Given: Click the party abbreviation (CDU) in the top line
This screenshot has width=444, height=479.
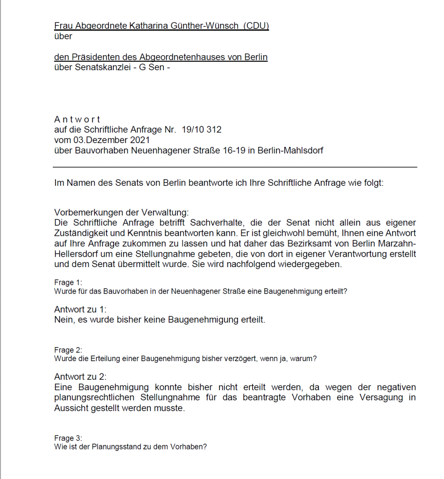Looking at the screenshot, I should coord(256,26).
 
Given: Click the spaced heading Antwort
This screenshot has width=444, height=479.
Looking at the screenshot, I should coord(77,120).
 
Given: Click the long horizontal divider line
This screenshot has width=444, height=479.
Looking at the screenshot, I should coord(235,167).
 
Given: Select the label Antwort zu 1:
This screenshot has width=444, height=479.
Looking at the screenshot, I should coord(80,310).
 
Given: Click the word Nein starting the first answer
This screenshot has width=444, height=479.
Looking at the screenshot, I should coord(64,320).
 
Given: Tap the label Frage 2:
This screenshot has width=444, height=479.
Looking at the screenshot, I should coord(68,350).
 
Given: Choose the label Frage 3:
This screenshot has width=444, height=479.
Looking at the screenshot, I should coord(68,438).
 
